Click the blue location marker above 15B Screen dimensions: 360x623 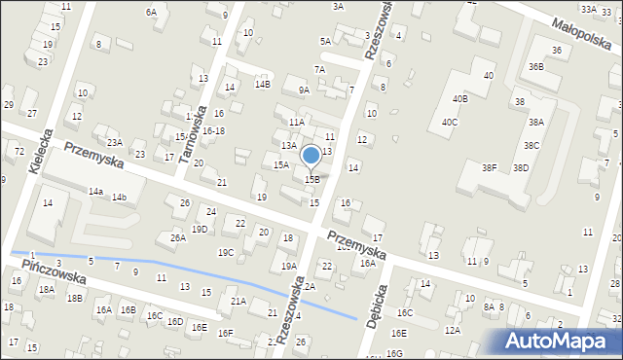point(311,156)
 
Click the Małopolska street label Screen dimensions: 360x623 point(580,37)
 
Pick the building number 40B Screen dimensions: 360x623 point(459,99)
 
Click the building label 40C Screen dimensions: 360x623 point(449,123)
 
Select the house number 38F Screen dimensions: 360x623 point(489,167)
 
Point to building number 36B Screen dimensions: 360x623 point(535,67)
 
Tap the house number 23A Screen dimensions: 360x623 point(115,143)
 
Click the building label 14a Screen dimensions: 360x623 point(95,192)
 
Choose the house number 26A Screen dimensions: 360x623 point(177,237)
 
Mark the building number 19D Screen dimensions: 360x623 point(200,230)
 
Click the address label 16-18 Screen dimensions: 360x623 point(213,131)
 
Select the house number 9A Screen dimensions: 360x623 point(304,90)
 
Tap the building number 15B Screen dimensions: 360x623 point(312,179)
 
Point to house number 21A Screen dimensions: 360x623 point(238,302)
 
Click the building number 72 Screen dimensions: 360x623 point(19,152)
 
